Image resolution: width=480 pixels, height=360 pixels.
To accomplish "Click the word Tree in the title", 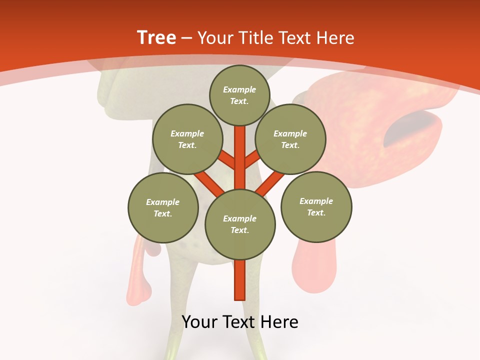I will pyautogui.click(x=156, y=38).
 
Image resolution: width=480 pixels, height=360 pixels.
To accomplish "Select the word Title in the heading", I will pyautogui.click(x=256, y=38).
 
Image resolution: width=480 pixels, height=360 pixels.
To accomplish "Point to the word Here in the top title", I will pyautogui.click(x=334, y=38).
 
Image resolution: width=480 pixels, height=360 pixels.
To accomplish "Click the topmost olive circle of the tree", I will pyautogui.click(x=239, y=95).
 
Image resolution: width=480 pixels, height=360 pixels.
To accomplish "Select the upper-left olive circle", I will pyautogui.click(x=187, y=139).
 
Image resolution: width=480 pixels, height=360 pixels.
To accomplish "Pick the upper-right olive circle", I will pyautogui.click(x=290, y=139).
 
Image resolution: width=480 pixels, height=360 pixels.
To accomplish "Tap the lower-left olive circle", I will pyautogui.click(x=163, y=207).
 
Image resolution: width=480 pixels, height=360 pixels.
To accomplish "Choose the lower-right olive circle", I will pyautogui.click(x=316, y=206).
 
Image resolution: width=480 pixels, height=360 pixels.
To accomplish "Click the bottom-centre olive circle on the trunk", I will pyautogui.click(x=240, y=224).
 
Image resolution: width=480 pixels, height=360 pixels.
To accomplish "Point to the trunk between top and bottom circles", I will pyautogui.click(x=240, y=155).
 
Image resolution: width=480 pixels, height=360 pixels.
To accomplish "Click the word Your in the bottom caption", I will pyautogui.click(x=200, y=322).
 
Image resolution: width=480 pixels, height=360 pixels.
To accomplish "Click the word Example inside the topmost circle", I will pyautogui.click(x=239, y=89).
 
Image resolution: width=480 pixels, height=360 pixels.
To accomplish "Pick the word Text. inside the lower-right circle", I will pyautogui.click(x=316, y=212).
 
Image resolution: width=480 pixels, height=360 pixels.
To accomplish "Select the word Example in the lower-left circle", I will pyautogui.click(x=163, y=202).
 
